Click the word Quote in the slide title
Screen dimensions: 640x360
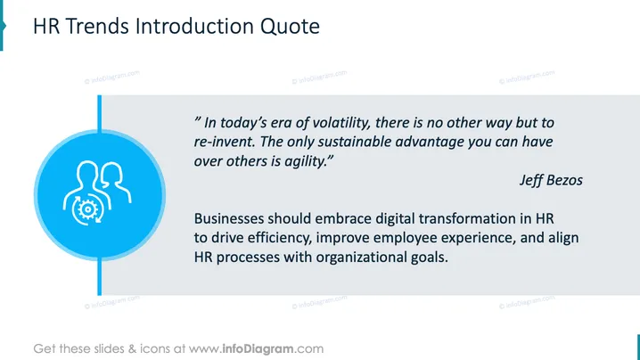tap(290, 27)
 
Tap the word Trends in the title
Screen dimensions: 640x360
tap(97, 26)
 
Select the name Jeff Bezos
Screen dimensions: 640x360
tap(551, 180)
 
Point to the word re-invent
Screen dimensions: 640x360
tap(225, 142)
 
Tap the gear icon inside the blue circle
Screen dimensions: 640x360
tap(87, 209)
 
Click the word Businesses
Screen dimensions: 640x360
tap(229, 218)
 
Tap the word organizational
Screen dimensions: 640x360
tap(361, 258)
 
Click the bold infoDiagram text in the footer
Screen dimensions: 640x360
tap(258, 349)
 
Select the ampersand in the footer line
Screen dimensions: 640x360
tap(132, 349)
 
